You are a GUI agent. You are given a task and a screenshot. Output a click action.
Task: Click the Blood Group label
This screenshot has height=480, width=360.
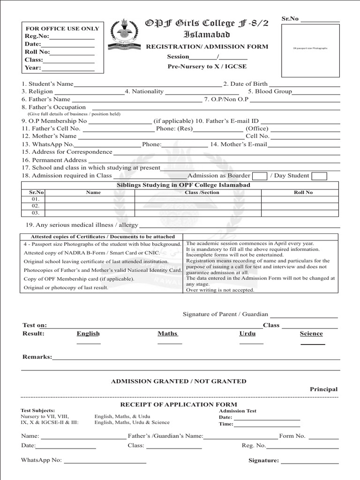pyautogui.click(x=270, y=92)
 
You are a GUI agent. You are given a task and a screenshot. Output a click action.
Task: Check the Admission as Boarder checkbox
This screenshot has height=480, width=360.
pyautogui.click(x=259, y=176)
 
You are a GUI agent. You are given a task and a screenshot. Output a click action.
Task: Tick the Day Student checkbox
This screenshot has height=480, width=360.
pyautogui.click(x=319, y=176)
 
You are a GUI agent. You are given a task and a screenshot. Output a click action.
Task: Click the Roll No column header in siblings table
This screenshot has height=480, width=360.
pyautogui.click(x=303, y=192)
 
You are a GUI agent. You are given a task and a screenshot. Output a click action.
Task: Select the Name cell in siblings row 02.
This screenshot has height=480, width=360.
pyautogui.click(x=90, y=206)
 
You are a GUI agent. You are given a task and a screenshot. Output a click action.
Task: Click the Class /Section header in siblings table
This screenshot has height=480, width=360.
pyautogui.click(x=202, y=192)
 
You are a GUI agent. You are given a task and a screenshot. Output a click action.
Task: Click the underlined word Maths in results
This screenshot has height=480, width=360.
pyautogui.click(x=168, y=334)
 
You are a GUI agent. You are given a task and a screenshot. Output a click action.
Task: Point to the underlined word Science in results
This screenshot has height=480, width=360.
pyautogui.click(x=311, y=334)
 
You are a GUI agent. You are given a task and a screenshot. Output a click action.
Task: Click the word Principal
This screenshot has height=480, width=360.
pyautogui.click(x=323, y=390)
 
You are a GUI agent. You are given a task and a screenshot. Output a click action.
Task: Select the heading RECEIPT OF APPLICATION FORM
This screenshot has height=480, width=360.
pyautogui.click(x=179, y=405)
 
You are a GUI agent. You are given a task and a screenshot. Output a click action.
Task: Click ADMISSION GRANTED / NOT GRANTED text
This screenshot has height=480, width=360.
pyautogui.click(x=179, y=382)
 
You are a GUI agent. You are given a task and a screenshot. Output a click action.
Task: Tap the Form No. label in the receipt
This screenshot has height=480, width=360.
pyautogui.click(x=292, y=436)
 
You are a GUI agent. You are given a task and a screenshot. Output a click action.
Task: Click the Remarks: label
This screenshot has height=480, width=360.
pyautogui.click(x=37, y=357)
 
